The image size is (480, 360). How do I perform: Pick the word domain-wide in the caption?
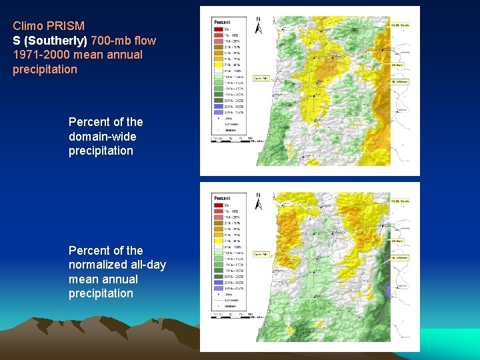[102, 137]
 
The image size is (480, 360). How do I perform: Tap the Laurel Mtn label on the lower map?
[261, 254]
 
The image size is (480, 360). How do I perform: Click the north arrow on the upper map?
[259, 25]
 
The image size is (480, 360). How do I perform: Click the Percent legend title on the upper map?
[222, 21]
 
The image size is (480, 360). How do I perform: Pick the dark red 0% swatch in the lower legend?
[219, 205]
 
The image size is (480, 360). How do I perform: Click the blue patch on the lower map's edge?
[390, 290]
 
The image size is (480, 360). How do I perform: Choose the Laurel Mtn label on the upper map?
[261, 78]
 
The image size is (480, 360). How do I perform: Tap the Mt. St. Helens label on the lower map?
[400, 200]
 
